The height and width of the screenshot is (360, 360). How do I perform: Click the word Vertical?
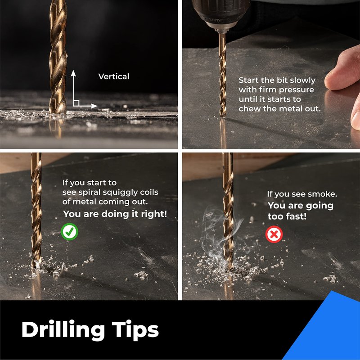click(114, 76)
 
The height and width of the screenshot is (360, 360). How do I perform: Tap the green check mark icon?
click(70, 232)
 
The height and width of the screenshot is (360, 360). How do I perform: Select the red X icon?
click(274, 234)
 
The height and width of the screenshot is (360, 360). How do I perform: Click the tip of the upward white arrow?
click(73, 71)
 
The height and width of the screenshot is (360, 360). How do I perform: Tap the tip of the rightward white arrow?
click(97, 106)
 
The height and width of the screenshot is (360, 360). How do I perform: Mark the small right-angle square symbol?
click(76, 103)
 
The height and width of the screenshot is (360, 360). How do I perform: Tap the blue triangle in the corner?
click(328, 331)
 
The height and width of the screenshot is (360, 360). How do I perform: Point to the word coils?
click(149, 192)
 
